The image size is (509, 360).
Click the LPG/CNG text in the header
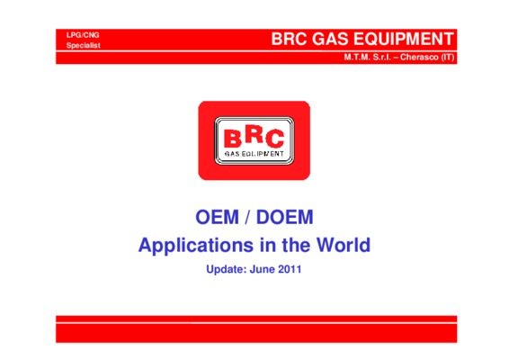[x=83, y=35]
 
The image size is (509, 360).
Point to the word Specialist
[x=83, y=46]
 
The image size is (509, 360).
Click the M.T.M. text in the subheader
[x=357, y=58]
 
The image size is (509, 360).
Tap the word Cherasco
[x=419, y=58]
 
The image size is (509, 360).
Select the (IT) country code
[x=447, y=58]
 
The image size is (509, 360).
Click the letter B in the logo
[x=233, y=138]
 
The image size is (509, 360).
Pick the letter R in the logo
[x=254, y=134]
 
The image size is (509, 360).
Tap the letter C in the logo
[x=275, y=139]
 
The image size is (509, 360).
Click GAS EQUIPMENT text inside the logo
[x=254, y=154]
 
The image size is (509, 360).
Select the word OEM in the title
[x=217, y=217]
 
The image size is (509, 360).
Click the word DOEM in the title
[x=285, y=217]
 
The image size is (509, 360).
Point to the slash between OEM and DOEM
[x=247, y=217]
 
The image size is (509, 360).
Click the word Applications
[x=196, y=246]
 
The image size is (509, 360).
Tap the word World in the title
[x=344, y=245]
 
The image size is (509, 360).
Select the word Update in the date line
[x=227, y=269]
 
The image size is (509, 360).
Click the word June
[x=263, y=269]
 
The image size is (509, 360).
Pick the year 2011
[x=290, y=269]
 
